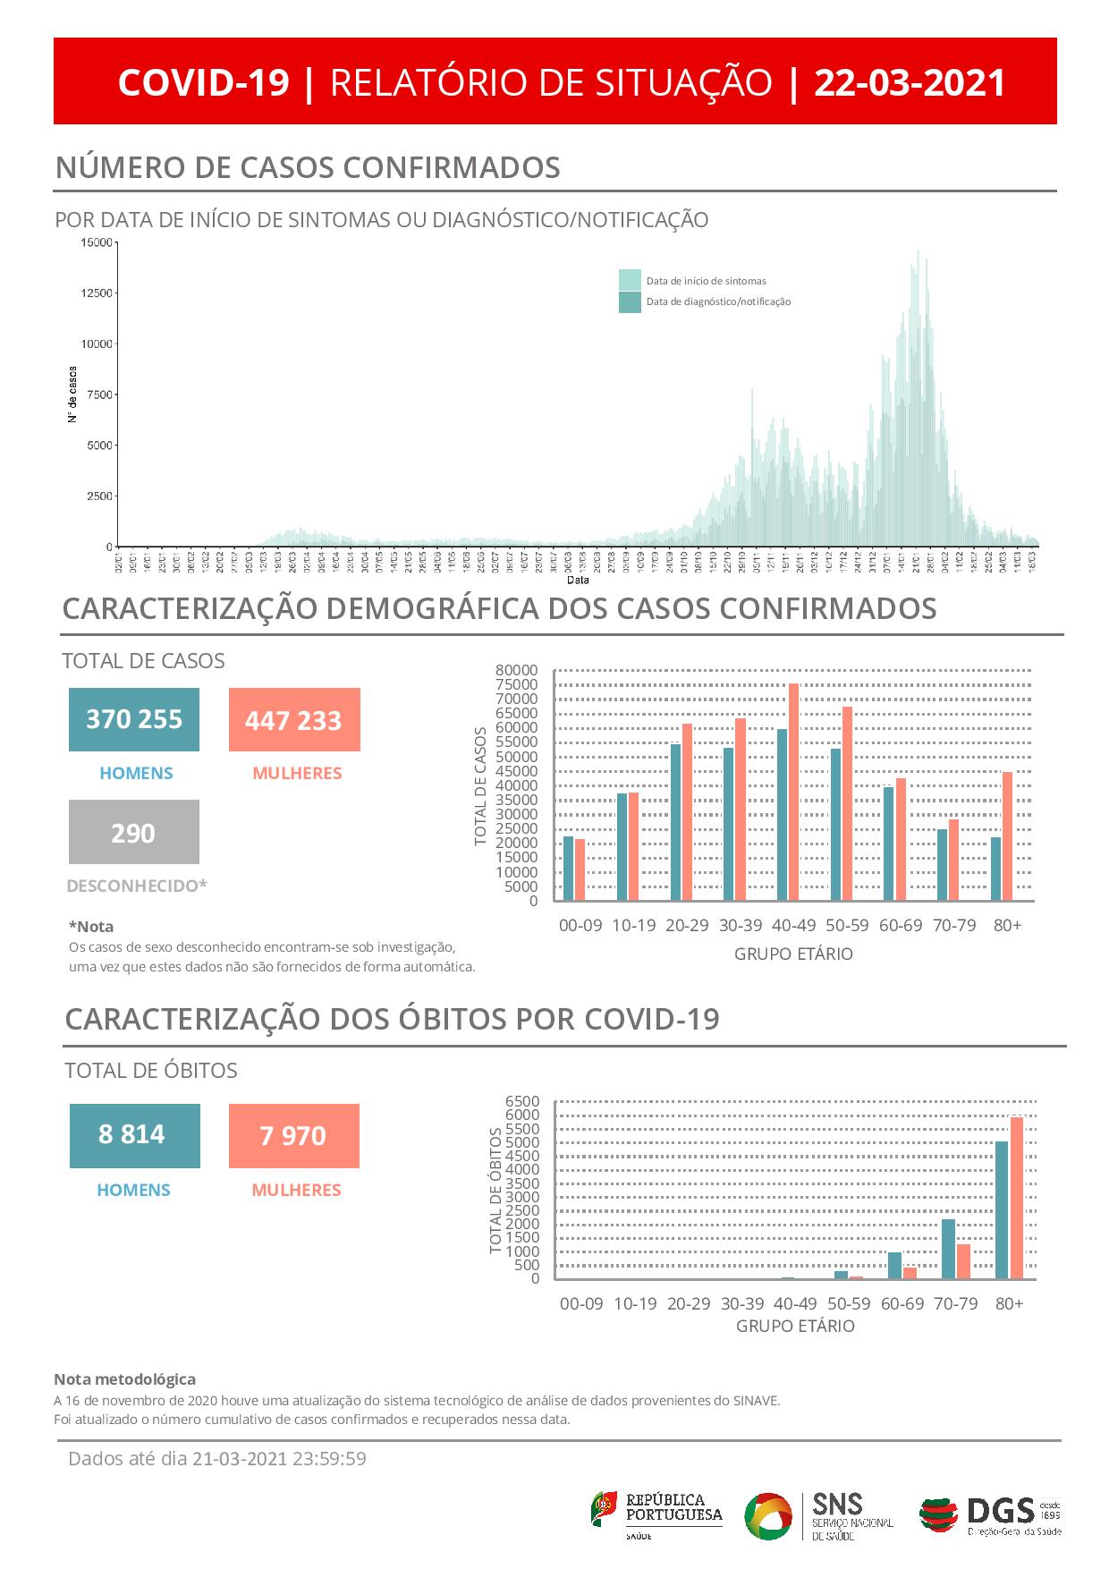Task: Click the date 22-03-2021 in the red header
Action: (910, 82)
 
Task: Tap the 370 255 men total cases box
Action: (134, 719)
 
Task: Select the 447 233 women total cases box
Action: (294, 720)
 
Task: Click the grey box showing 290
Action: (134, 833)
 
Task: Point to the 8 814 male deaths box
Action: (134, 1135)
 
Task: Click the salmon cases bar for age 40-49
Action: (793, 792)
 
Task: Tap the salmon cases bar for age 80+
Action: (1007, 835)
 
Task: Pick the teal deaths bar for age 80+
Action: (1002, 1209)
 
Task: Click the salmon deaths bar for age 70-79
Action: (963, 1261)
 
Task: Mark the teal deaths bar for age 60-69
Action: (894, 1266)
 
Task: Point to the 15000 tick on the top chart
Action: (97, 242)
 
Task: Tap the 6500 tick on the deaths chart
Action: (522, 1101)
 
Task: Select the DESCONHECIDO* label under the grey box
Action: (137, 886)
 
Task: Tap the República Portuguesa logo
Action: (656, 1515)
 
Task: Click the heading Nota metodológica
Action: (124, 1379)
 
